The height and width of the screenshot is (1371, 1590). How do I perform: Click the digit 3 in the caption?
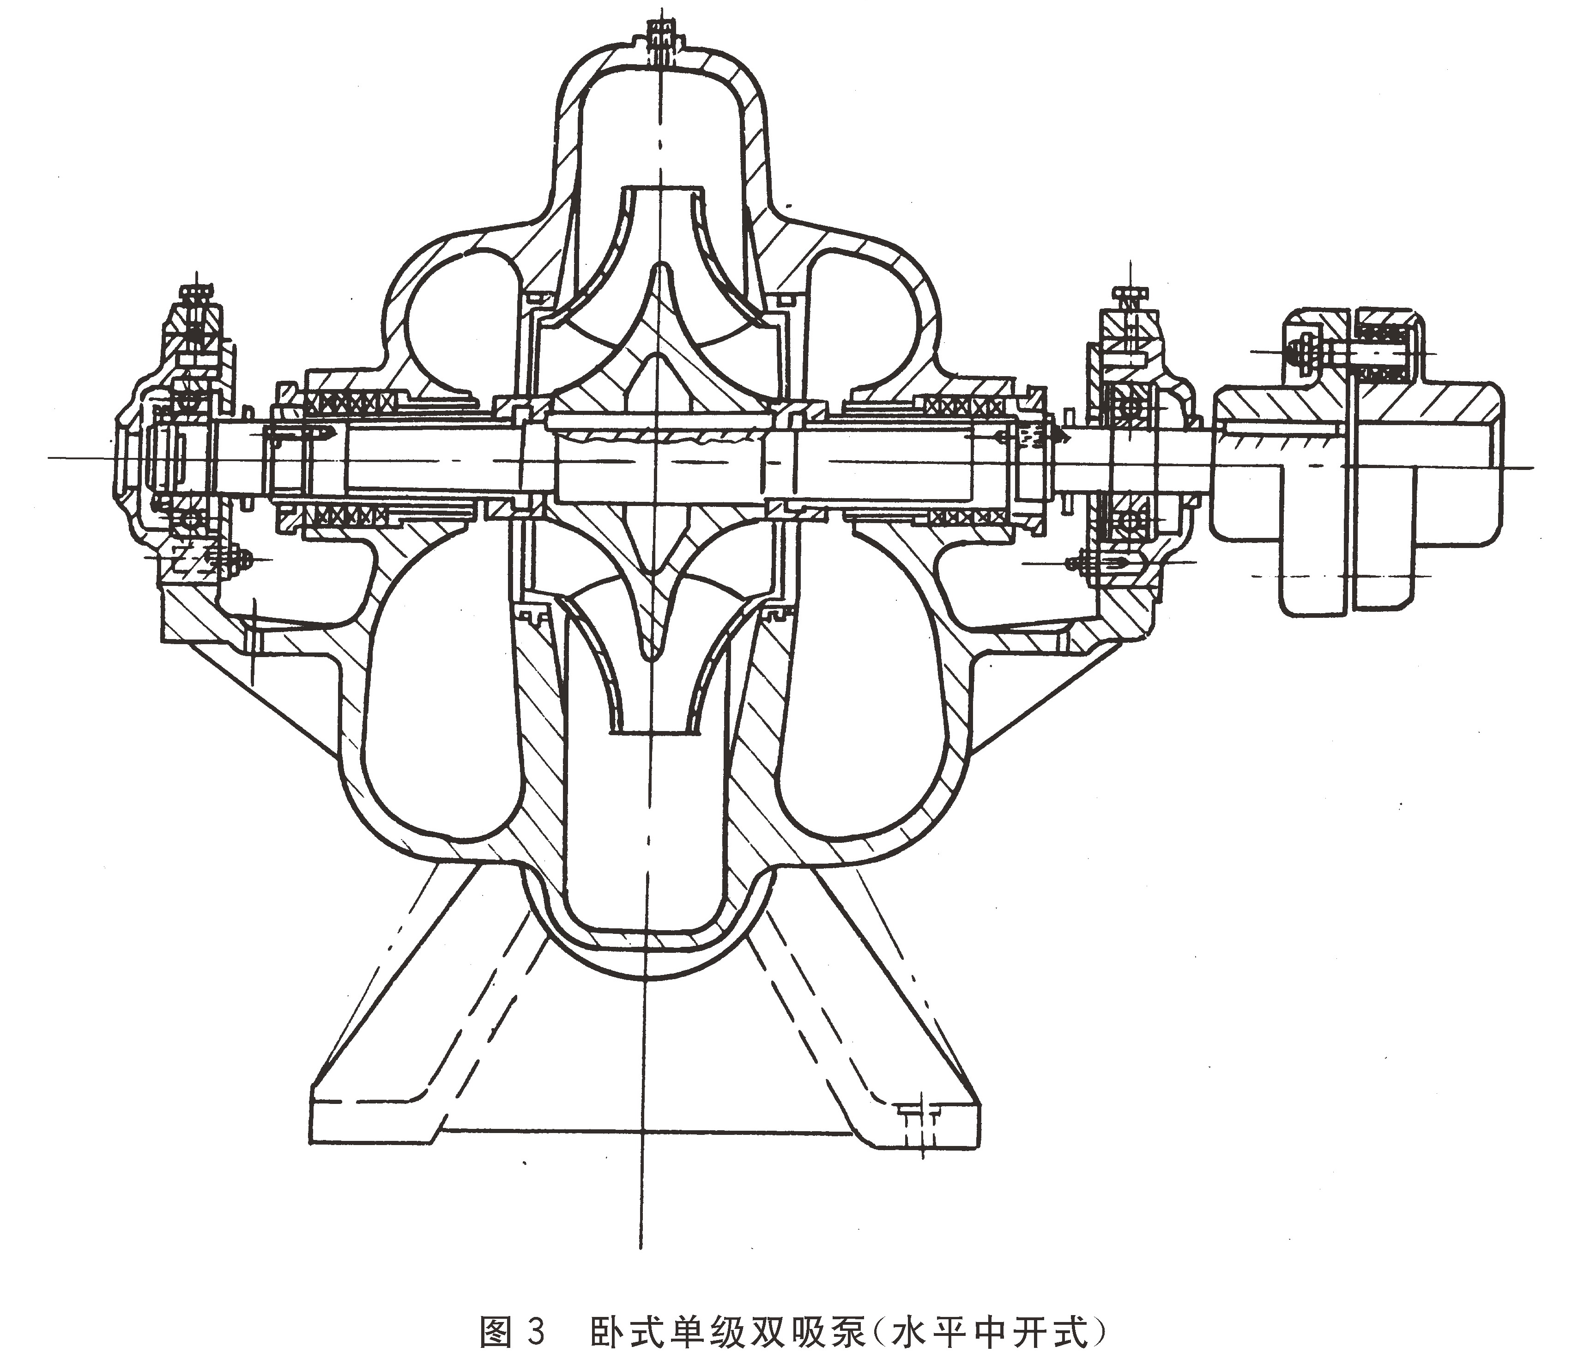click(537, 1331)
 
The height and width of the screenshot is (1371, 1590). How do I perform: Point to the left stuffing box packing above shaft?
click(351, 401)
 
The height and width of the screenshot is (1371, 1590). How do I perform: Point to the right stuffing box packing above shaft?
click(965, 404)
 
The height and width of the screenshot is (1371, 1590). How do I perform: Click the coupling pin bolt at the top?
click(1351, 353)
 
